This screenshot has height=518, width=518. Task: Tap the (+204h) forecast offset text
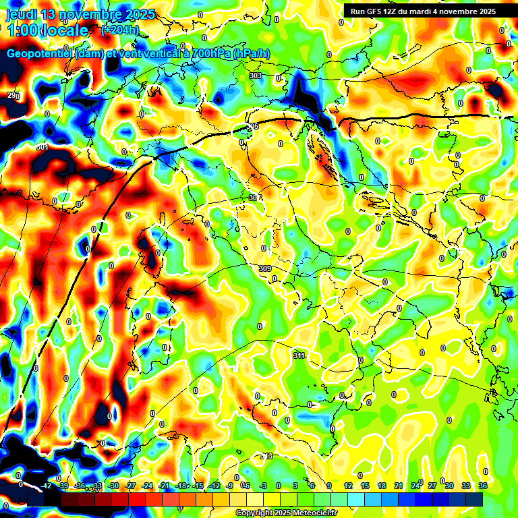[120, 30]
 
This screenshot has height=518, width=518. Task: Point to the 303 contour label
[256, 76]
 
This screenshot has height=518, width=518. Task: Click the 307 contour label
[254, 198]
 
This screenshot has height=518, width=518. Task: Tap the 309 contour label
[264, 268]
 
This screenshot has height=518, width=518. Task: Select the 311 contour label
[299, 355]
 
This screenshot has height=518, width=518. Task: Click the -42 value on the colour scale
[47, 486]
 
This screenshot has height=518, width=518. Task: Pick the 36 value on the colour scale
[483, 486]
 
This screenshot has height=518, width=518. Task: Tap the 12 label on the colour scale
[348, 486]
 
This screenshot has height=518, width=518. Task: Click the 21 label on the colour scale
[399, 486]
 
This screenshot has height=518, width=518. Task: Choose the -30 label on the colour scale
[113, 486]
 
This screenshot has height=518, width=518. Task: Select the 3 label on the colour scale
[295, 486]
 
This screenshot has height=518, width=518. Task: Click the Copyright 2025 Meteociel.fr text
[286, 513]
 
